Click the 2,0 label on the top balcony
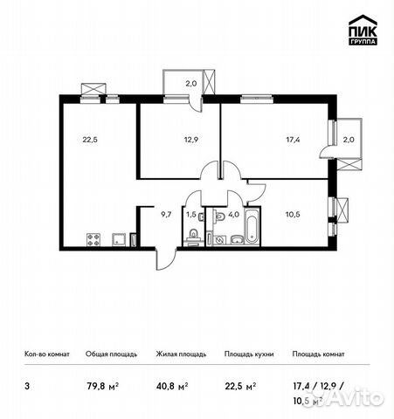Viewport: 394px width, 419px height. click(190, 84)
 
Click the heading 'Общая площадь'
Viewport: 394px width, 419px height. click(108, 354)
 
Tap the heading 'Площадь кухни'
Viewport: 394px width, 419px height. click(249, 354)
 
